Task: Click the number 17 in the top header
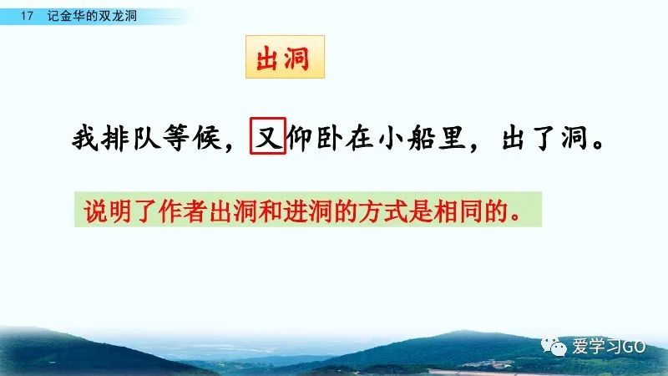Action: click(x=27, y=16)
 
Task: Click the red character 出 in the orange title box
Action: click(x=267, y=58)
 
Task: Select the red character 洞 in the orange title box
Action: click(x=296, y=58)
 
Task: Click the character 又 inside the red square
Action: click(x=268, y=136)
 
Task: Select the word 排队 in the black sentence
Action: click(x=130, y=138)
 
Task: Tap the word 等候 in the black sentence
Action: click(x=192, y=138)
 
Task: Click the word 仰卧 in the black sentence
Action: click(x=315, y=138)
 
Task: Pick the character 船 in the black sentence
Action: click(x=421, y=138)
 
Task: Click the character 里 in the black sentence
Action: click(x=452, y=138)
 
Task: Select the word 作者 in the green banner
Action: click(x=183, y=211)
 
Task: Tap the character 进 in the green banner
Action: click(x=296, y=211)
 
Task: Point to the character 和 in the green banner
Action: click(x=270, y=211)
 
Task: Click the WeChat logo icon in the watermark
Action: click(x=554, y=346)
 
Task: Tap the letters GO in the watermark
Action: click(x=634, y=347)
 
